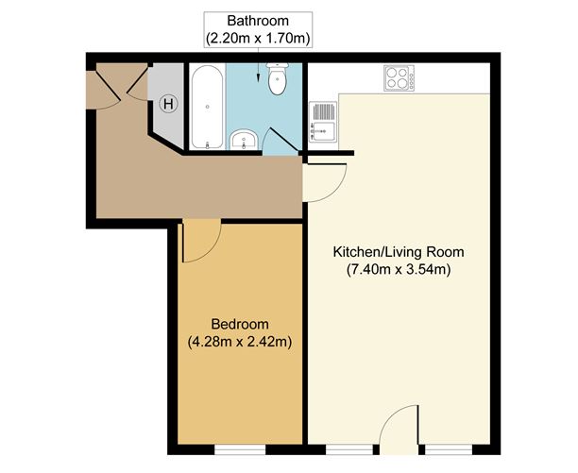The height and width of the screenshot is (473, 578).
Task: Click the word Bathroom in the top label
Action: tap(258, 21)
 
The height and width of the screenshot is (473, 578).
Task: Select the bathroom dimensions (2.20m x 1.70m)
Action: tap(258, 38)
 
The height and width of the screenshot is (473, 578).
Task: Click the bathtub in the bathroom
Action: tap(207, 108)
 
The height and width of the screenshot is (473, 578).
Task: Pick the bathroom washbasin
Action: tap(243, 142)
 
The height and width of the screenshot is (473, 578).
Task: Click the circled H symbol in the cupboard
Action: tap(168, 103)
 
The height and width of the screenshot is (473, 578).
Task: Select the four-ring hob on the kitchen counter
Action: tap(398, 79)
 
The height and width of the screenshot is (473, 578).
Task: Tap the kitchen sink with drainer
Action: tap(322, 120)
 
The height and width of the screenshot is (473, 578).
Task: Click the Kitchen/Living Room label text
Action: tap(399, 253)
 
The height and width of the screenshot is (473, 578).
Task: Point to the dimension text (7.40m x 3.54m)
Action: tap(399, 270)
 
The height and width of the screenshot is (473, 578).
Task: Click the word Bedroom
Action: tap(240, 322)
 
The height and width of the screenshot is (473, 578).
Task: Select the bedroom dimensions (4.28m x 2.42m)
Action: tap(240, 340)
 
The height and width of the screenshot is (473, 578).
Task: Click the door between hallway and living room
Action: tap(321, 179)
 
